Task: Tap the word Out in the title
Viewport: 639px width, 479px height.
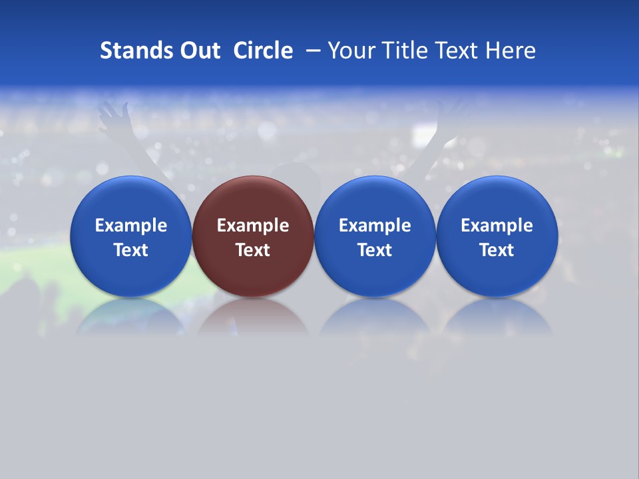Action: coord(198,51)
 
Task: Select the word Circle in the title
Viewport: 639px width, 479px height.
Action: coord(263,51)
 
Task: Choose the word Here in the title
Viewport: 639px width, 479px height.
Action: coord(511,51)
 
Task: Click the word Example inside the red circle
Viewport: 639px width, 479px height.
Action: coord(253,226)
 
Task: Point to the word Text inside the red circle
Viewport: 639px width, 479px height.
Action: coord(253,250)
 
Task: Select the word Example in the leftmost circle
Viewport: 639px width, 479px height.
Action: coord(130,226)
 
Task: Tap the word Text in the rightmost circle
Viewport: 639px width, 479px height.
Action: coord(497,250)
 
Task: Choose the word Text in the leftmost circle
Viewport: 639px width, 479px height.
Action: coord(130,250)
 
